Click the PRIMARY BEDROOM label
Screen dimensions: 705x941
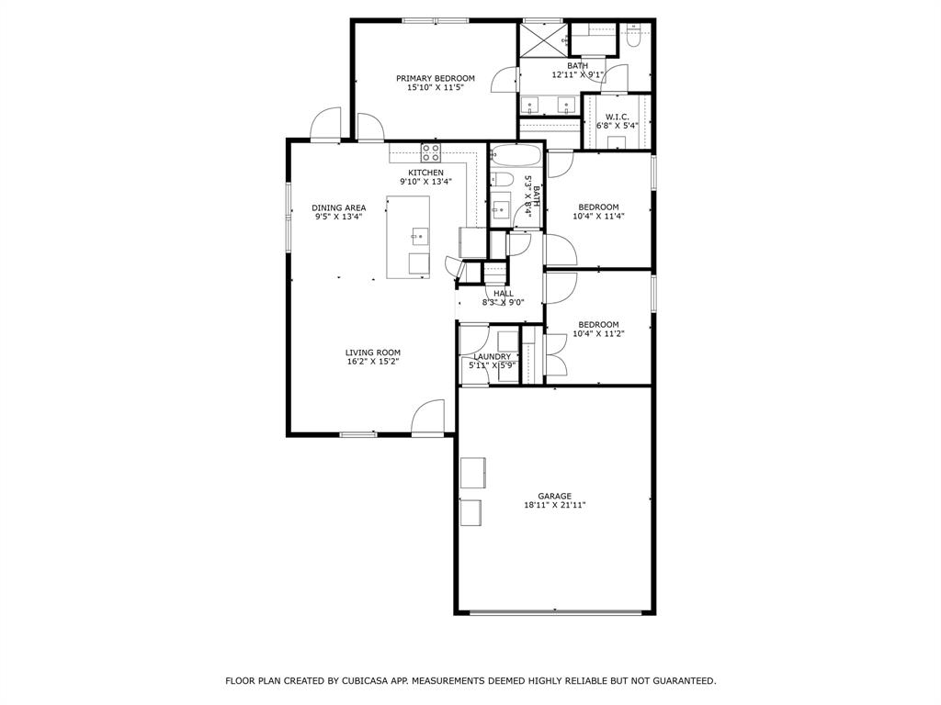click(x=435, y=78)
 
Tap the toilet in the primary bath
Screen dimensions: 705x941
click(x=632, y=37)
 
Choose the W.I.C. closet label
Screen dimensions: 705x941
click(x=617, y=117)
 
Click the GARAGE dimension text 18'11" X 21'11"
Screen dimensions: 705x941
click(x=554, y=506)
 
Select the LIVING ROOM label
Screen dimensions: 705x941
click(x=372, y=352)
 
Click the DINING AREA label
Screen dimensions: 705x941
click(x=338, y=208)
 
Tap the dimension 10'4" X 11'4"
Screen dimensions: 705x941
click(x=598, y=217)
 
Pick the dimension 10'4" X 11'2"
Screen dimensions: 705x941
click(x=598, y=334)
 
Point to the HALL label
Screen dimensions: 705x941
click(x=504, y=294)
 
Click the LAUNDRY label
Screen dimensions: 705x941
click(x=492, y=356)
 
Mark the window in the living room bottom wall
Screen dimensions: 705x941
click(x=357, y=434)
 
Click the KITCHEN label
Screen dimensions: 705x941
click(x=425, y=173)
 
